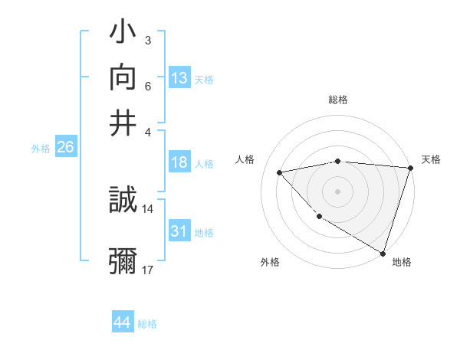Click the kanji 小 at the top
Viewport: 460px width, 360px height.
tap(123, 35)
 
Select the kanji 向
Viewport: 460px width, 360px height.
tap(123, 79)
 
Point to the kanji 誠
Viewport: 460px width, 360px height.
tap(123, 202)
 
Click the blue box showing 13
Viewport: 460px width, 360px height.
tap(179, 78)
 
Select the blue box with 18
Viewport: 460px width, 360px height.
tap(179, 162)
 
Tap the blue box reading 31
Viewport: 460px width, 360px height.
tap(179, 231)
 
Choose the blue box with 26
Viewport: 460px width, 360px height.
tap(65, 148)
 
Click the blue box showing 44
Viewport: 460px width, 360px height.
tap(122, 322)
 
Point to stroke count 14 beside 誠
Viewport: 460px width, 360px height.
tap(148, 208)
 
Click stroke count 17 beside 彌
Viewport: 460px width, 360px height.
tap(148, 270)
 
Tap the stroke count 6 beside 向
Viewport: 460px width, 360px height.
tap(148, 86)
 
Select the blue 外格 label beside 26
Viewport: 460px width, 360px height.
tap(41, 149)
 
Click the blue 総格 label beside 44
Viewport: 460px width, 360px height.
tap(147, 324)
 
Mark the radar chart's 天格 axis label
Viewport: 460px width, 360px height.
tap(432, 159)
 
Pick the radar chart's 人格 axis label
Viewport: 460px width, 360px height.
tap(245, 159)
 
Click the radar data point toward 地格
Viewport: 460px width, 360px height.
tap(382, 253)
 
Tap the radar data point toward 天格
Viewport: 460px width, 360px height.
tap(410, 169)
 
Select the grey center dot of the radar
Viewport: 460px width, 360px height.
tap(337, 191)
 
